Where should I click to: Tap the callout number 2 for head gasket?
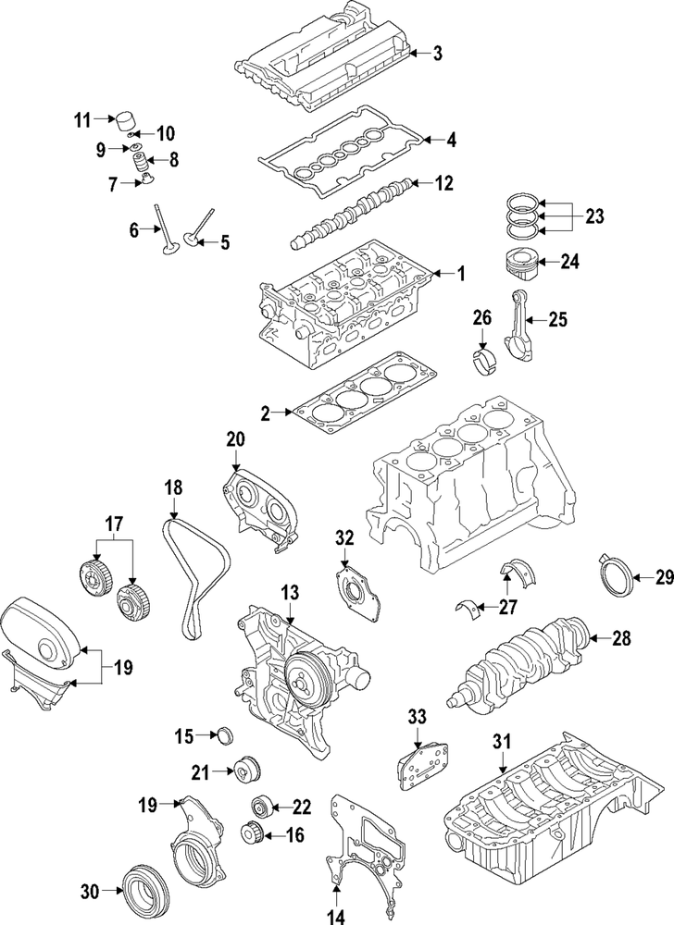(x=266, y=413)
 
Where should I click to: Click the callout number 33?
(x=418, y=741)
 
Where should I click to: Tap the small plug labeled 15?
(x=225, y=736)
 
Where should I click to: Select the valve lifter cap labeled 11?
(x=123, y=122)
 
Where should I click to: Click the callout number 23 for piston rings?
(x=593, y=216)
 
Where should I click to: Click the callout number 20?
(x=235, y=440)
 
